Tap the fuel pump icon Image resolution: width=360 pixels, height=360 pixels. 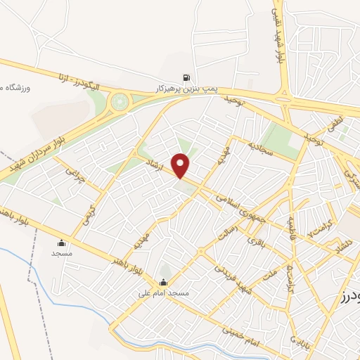click(186, 78)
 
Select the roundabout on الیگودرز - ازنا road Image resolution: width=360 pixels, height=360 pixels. click(120, 103)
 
